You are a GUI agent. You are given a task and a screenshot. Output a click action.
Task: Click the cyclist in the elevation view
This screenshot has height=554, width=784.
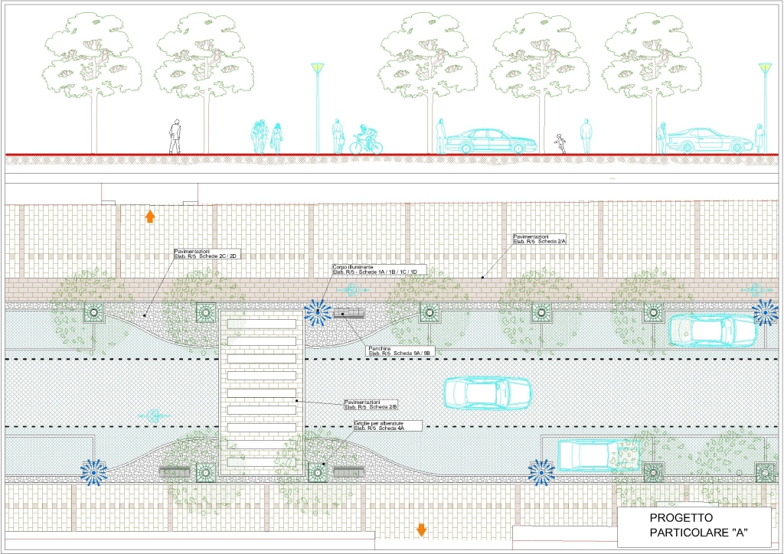(367, 141)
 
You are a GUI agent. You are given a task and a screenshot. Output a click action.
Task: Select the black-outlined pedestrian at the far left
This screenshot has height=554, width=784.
(175, 136)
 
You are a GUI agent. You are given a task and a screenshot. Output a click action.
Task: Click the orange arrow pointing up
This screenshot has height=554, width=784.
(150, 216)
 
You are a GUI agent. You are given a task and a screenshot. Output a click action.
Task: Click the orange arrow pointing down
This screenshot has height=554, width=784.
(420, 529)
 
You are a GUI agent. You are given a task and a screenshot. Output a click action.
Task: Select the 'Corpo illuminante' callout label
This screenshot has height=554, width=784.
(375, 269)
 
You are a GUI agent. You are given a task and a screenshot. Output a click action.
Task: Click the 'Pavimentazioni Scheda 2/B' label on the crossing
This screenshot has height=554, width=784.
(371, 403)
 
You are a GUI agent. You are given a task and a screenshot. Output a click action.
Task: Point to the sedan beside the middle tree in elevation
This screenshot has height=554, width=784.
(489, 141)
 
